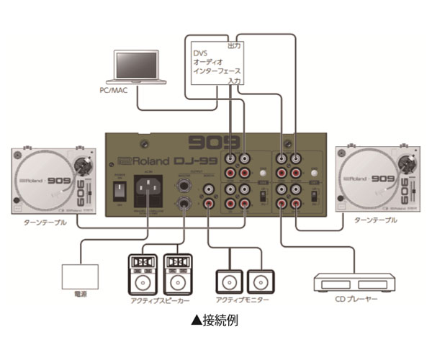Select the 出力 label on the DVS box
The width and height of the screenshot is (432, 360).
click(x=233, y=45)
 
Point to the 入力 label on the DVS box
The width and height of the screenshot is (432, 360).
click(x=233, y=81)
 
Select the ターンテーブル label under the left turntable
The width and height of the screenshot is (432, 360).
click(x=44, y=223)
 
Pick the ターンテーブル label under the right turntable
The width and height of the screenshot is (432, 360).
click(x=375, y=220)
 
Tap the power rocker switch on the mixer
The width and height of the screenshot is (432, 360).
click(x=120, y=192)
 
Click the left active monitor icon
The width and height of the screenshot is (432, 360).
click(x=228, y=279)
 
